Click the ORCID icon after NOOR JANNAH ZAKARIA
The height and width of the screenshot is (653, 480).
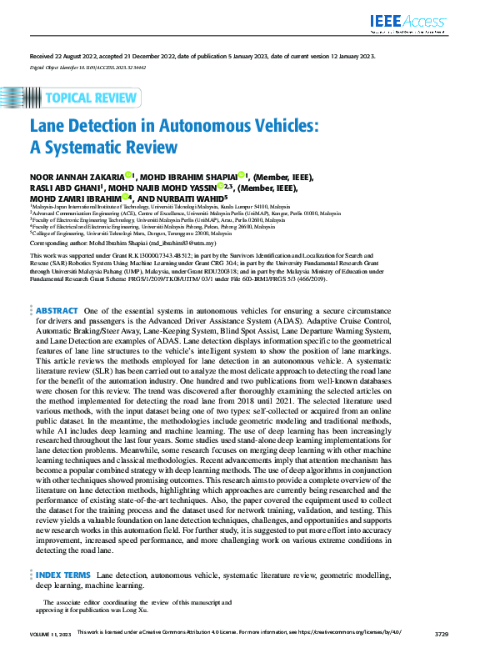click(x=128, y=175)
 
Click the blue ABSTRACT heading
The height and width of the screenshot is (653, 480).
click(x=56, y=310)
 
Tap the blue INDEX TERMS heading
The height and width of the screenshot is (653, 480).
click(x=63, y=575)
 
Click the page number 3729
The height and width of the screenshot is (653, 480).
click(x=442, y=635)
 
